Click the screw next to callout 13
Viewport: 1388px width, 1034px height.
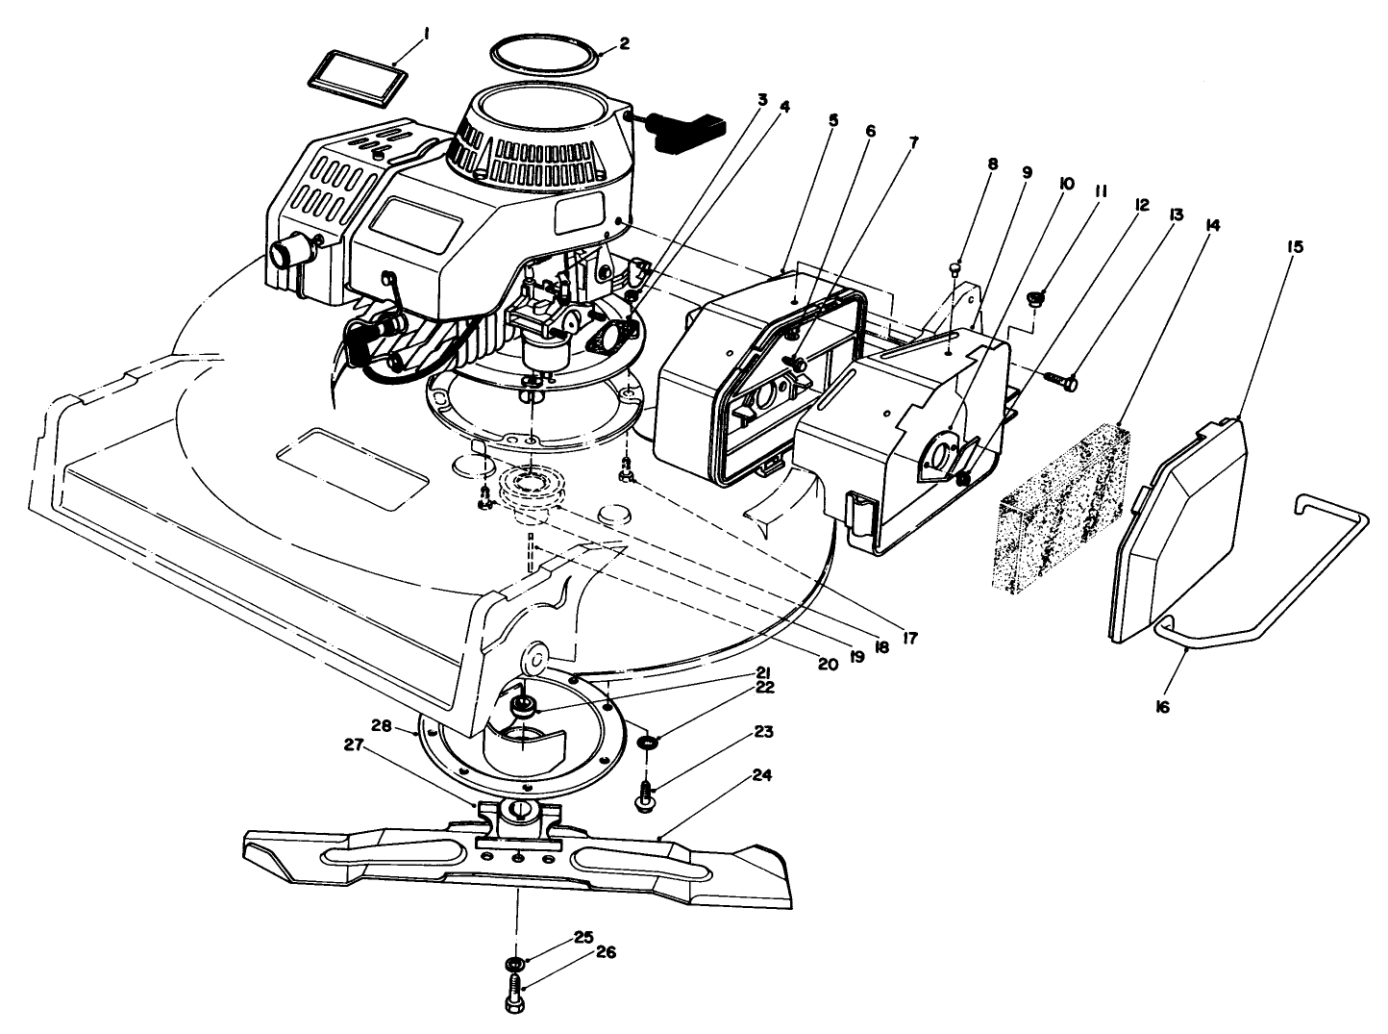click(x=1060, y=382)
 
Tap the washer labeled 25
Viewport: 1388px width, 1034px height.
click(x=514, y=963)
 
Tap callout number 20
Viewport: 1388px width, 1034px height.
click(x=826, y=663)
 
